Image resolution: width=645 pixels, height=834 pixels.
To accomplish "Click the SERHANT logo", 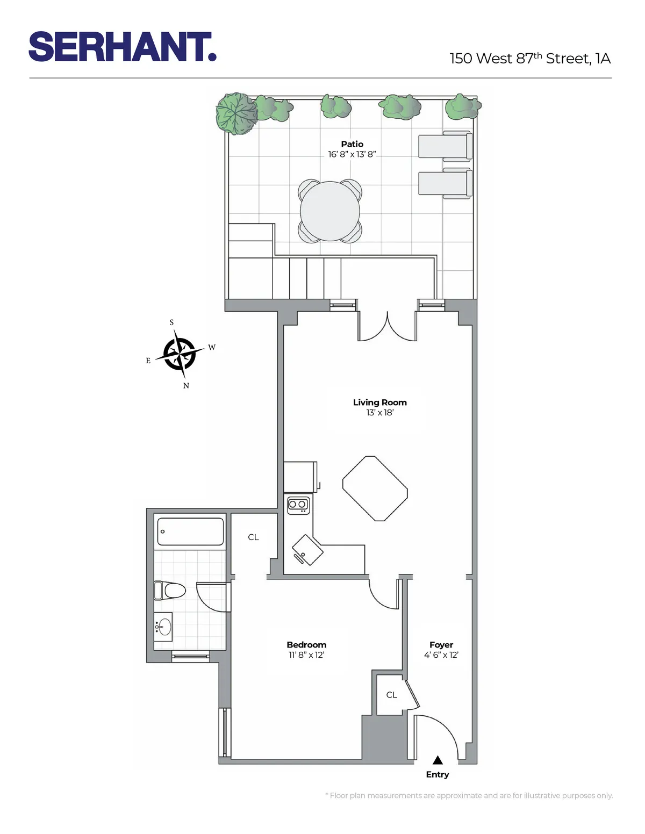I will pos(123,47).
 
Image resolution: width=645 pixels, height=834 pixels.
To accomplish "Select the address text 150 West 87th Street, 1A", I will pos(530,58).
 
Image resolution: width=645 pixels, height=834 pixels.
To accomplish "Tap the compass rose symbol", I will pos(180,354).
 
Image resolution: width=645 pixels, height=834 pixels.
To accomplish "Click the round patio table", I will pos(330,211).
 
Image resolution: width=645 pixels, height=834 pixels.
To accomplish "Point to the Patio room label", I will pos(352,144).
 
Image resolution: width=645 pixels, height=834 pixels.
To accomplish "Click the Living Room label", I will pos(379,402).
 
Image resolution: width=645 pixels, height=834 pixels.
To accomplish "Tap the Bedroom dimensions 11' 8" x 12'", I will pos(306,655).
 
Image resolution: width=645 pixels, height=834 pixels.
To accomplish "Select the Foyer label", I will pos(441,645).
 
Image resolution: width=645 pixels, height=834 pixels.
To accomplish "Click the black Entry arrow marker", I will pos(438,760).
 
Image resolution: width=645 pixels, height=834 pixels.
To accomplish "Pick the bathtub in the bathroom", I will pos(190,531).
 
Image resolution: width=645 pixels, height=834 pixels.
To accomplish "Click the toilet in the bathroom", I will pos(170,591).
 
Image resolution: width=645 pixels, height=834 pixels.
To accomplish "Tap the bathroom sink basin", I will pos(164,627).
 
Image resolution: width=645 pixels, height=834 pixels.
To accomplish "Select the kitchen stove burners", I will pos(298,505).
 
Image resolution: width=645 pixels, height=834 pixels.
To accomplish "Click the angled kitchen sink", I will pos(307,550).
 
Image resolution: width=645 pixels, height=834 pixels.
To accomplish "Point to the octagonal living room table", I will pos(375,488).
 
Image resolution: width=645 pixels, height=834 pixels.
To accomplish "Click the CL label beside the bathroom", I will pos(253,537).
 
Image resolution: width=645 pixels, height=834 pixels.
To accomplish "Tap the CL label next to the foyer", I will pos(391,695).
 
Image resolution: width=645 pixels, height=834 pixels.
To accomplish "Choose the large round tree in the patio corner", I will pos(236,113).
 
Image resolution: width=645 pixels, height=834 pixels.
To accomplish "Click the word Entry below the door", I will pos(438,774).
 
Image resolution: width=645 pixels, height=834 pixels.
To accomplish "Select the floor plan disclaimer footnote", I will pos(469,795).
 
